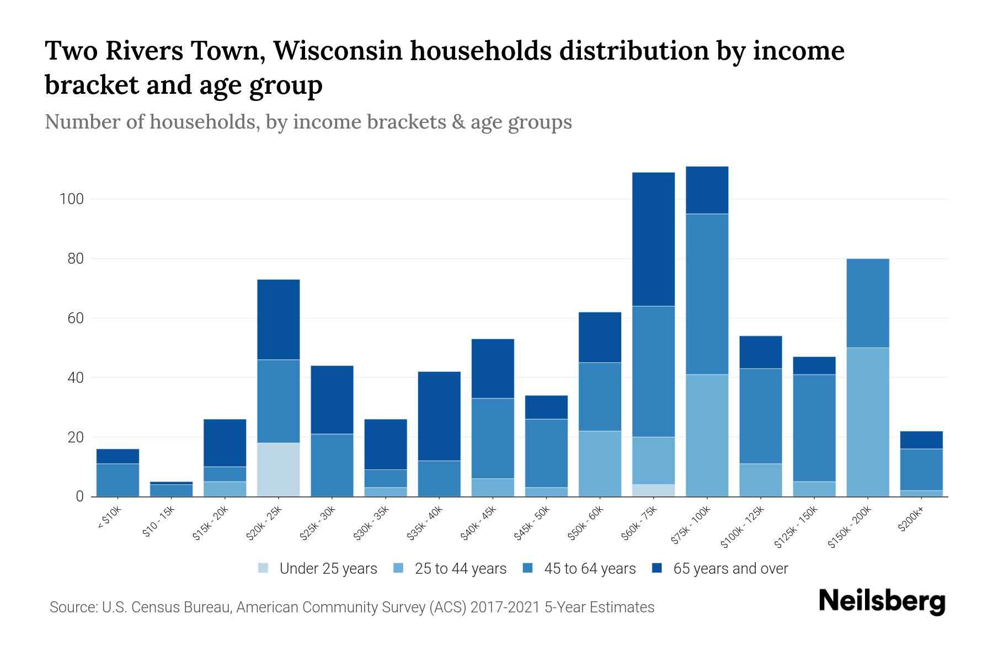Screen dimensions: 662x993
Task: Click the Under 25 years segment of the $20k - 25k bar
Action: [279, 469]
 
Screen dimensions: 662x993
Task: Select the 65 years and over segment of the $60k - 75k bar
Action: [653, 239]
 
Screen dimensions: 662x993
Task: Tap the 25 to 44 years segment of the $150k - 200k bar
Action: [868, 422]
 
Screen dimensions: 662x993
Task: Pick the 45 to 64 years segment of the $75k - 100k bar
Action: [707, 294]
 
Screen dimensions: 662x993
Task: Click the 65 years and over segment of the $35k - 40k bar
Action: [439, 416]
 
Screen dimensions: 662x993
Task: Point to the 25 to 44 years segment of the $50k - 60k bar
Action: [600, 463]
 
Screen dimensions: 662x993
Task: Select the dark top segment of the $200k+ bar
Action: [921, 440]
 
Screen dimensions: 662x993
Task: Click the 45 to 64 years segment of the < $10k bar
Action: [118, 480]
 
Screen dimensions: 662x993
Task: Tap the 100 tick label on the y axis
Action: [71, 199]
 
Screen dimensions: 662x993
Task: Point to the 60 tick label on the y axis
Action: [75, 318]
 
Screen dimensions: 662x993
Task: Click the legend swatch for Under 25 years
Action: [264, 568]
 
